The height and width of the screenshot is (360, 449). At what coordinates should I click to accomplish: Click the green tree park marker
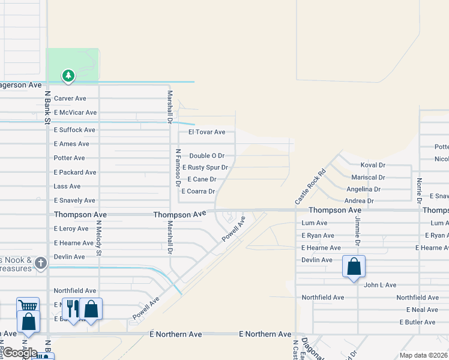point(68,76)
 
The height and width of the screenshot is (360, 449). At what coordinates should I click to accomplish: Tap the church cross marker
point(40,263)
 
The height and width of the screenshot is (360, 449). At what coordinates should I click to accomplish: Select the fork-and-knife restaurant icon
point(72,308)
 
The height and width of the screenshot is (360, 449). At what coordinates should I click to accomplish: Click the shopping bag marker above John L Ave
point(354,266)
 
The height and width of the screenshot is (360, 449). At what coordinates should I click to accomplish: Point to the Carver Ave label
point(70,98)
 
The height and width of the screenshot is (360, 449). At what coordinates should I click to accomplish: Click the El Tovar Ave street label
point(206,132)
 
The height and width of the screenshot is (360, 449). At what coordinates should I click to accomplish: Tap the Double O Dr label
point(206,156)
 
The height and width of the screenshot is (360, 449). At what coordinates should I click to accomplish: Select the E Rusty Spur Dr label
point(205,167)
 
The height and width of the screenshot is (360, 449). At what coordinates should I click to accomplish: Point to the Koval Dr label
point(373,165)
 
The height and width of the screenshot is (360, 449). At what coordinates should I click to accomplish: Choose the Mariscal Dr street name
point(369,178)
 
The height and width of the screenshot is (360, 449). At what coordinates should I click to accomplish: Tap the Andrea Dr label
point(360,201)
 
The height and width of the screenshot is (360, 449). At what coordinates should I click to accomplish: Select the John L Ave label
point(380,285)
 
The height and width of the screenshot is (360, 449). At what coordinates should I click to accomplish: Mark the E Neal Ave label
point(422,310)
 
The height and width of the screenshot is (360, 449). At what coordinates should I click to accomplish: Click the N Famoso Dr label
point(178,169)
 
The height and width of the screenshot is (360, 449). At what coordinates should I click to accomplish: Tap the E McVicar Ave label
point(75,113)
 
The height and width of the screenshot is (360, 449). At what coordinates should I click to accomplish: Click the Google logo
point(20,353)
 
